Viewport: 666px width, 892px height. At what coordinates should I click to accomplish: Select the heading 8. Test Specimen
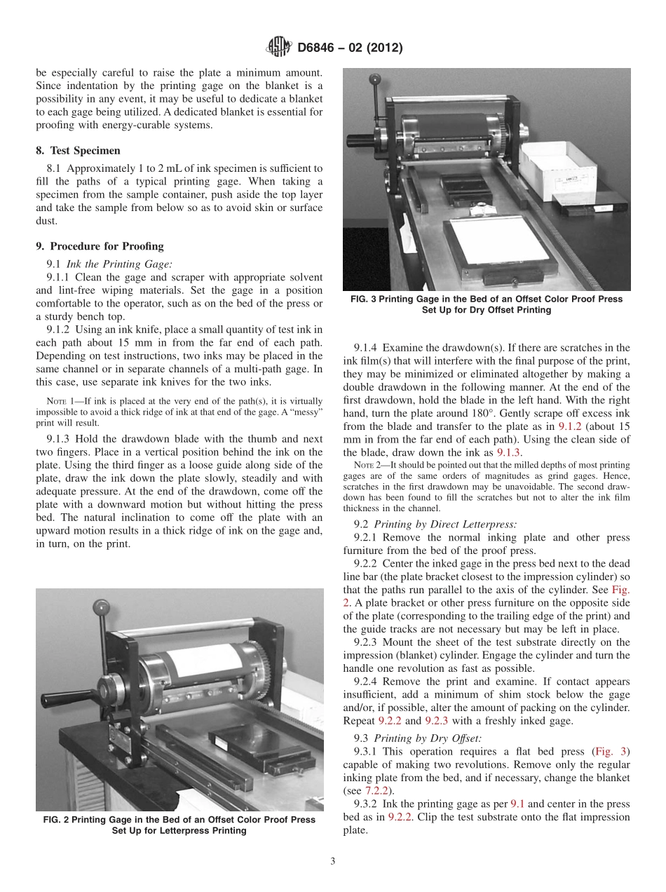(78, 150)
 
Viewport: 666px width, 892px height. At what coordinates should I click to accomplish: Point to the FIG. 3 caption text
(486, 304)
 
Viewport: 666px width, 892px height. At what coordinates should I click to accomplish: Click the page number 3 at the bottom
(333, 861)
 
